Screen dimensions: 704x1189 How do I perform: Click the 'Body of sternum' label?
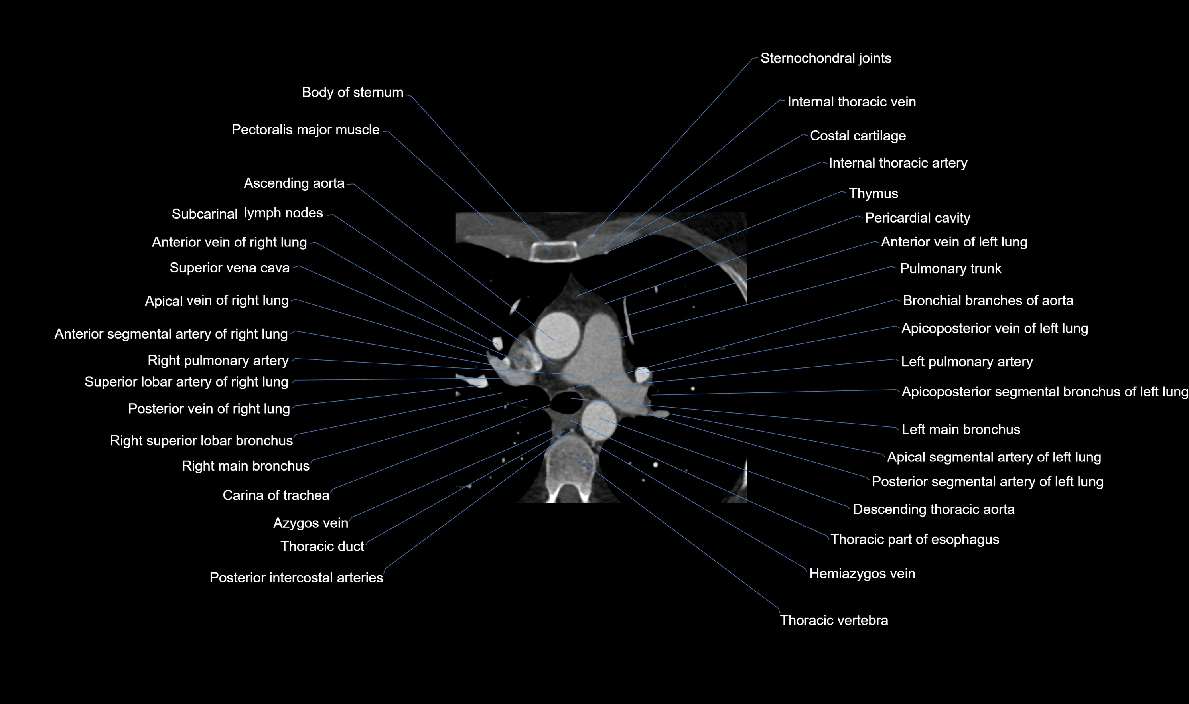[x=352, y=92]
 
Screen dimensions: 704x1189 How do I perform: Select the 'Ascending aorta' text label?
[x=294, y=183]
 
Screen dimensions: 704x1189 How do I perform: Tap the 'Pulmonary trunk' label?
[x=950, y=268]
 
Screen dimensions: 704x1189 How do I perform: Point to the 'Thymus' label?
[x=873, y=193]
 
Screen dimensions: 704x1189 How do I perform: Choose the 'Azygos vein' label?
[x=311, y=523]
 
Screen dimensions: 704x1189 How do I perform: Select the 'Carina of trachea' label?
[x=276, y=495]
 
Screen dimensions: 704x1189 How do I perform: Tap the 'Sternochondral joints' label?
[x=826, y=58]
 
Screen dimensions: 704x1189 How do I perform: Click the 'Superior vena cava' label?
[x=230, y=268]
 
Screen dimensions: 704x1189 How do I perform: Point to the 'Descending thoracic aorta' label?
[x=933, y=509]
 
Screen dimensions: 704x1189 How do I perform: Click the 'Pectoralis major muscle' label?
[x=306, y=130]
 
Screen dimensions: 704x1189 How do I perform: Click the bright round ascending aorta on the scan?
[x=558, y=334]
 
